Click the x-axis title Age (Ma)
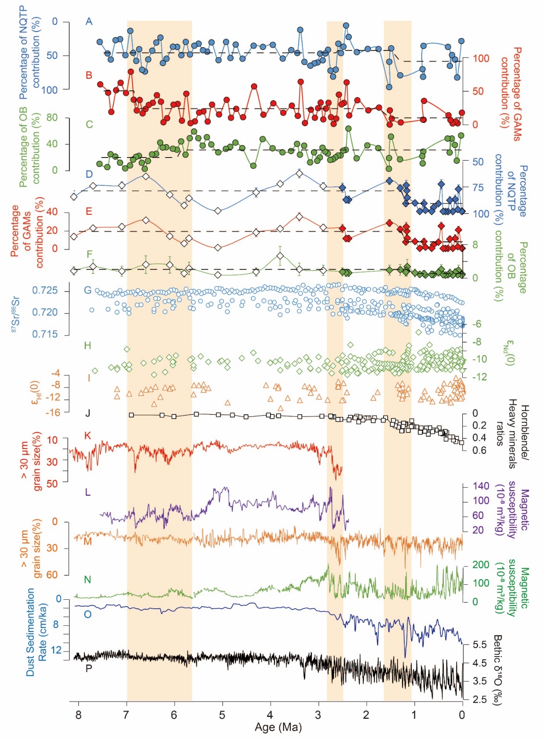278,727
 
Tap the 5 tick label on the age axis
222,715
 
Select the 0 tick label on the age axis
462,715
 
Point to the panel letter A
89,21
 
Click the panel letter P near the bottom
89,668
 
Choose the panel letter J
88,413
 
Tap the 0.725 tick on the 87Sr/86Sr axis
45,291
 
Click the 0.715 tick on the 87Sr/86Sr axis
45,334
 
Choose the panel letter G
88,290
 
